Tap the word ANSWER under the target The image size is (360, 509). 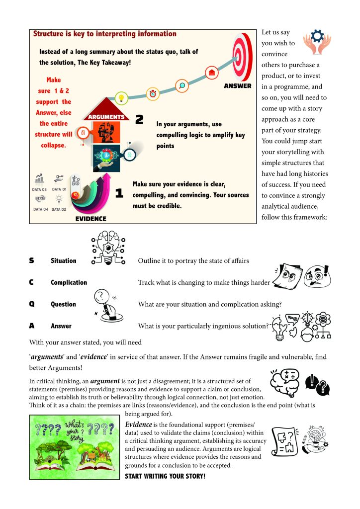coord(237,86)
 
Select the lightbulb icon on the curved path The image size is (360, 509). coord(120,97)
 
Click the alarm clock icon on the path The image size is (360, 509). coord(152,93)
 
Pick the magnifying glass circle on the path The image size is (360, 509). coord(182,85)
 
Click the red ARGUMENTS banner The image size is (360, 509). coord(106,117)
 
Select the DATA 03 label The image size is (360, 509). coord(40,190)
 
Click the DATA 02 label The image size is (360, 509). coord(59,209)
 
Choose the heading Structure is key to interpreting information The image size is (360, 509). coord(104,34)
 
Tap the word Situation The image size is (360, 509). coord(64,261)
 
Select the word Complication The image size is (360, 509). coord(69,283)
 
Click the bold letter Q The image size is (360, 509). coord(32,304)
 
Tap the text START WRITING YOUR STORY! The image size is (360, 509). coord(165,476)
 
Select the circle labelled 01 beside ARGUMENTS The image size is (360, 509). coord(83,133)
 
